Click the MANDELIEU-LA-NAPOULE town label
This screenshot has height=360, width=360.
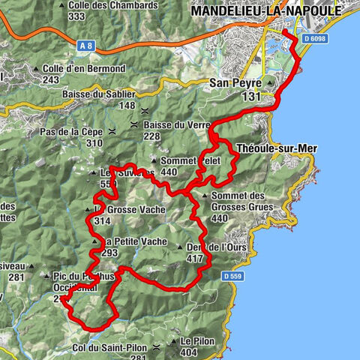(x=265, y=11)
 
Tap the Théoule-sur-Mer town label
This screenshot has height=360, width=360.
(x=277, y=148)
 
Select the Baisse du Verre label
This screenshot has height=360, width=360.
(x=178, y=124)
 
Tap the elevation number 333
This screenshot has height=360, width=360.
(x=96, y=16)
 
